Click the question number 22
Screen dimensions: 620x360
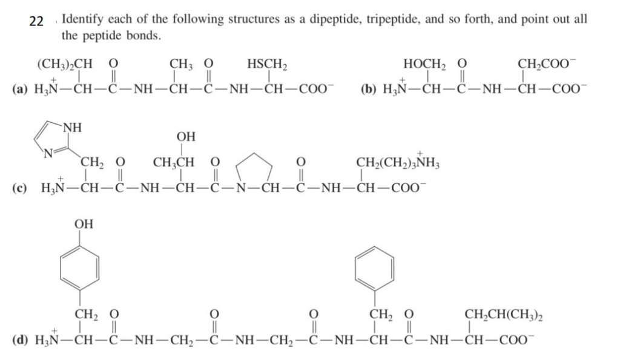(36, 21)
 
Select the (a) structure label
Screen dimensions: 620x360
(19, 90)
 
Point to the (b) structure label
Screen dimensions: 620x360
(368, 90)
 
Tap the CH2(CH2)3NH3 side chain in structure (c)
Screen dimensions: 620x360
(398, 163)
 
